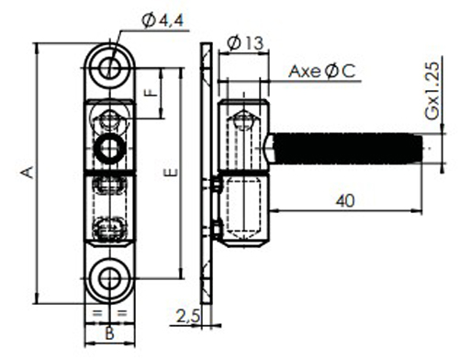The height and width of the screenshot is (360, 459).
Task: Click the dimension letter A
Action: coord(28,171)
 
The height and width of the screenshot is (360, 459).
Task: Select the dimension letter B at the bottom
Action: coord(109,332)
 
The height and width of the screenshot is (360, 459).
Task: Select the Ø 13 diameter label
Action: coord(244,42)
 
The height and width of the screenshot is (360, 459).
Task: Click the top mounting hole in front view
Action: coord(111,65)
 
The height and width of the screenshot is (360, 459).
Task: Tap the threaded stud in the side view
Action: coord(344,147)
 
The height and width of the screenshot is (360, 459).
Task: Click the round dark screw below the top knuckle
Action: coord(111,145)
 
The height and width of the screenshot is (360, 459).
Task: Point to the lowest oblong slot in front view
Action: coord(111,227)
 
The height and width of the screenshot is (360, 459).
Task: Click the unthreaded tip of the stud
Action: coord(428,147)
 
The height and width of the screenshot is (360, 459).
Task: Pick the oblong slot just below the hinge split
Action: coord(111,186)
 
